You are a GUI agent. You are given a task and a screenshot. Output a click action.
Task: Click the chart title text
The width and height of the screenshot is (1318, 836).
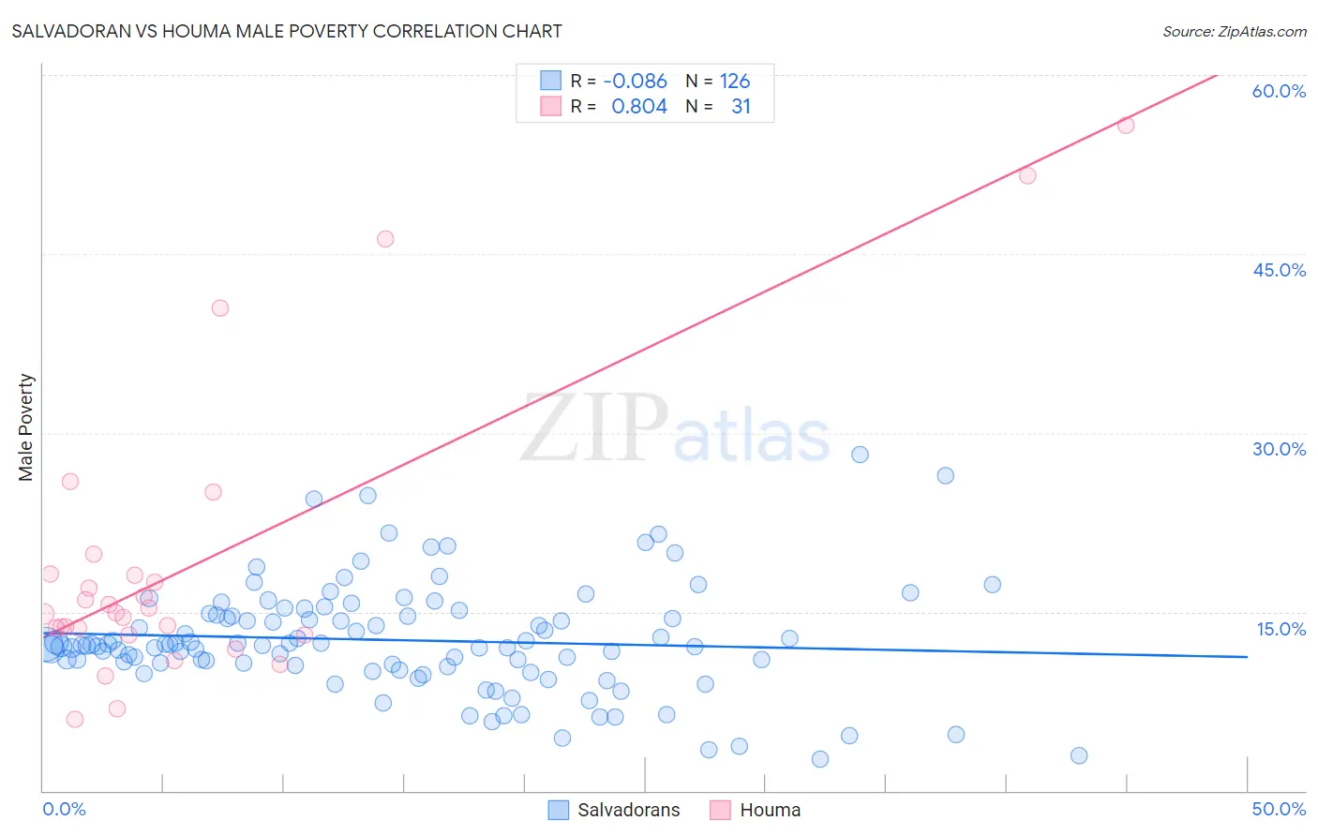click(287, 31)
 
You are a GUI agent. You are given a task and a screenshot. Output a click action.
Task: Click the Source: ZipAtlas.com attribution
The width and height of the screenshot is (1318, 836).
click(1234, 31)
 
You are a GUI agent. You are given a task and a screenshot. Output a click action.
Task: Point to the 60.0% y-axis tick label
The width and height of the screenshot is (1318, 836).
click(1279, 91)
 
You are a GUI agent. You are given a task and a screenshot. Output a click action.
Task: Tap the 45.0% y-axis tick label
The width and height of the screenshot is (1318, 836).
click(1279, 270)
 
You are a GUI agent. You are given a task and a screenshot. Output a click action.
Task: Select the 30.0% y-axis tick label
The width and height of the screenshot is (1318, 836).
click(1279, 449)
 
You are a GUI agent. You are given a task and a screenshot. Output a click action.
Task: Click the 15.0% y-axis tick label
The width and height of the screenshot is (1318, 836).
click(1281, 629)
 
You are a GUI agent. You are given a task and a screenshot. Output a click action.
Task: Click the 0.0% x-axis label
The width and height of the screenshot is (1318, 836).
click(64, 809)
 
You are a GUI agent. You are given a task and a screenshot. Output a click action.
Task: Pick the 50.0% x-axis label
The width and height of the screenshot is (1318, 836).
click(1279, 809)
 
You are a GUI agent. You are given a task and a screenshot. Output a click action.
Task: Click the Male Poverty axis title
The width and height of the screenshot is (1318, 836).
click(26, 427)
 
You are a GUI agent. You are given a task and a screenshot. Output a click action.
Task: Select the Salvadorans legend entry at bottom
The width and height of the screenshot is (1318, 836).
click(615, 810)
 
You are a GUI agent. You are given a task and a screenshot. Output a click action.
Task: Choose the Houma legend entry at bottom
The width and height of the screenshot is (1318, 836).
click(756, 810)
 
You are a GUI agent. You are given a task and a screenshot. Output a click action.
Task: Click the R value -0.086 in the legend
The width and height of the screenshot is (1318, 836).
click(635, 82)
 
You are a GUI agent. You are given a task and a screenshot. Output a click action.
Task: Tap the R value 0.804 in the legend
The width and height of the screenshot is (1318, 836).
click(638, 107)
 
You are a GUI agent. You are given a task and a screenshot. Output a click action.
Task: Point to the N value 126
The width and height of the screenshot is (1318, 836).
click(735, 82)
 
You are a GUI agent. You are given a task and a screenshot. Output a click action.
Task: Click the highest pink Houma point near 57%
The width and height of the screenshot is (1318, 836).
click(1126, 126)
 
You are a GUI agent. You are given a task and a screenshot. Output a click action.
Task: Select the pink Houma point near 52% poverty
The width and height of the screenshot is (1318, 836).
click(1027, 175)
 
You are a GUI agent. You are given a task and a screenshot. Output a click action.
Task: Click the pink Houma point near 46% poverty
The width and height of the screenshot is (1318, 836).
click(385, 239)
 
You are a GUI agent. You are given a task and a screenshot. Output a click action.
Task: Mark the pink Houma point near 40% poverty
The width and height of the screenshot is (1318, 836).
click(220, 308)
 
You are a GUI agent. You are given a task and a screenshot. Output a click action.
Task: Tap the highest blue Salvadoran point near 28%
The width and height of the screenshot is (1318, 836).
click(860, 455)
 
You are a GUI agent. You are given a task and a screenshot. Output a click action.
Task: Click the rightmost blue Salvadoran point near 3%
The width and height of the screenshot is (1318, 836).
click(1079, 755)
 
